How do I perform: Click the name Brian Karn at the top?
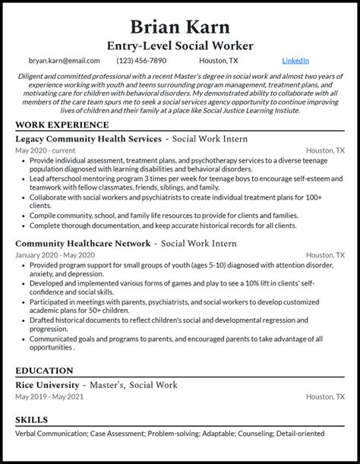(x=180, y=27)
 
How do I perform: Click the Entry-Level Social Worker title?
(x=180, y=46)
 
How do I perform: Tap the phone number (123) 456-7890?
(x=141, y=60)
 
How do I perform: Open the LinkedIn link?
(x=295, y=60)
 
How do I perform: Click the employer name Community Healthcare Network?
(x=83, y=243)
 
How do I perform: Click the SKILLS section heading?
(x=32, y=420)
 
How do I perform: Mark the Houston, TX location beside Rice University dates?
(x=325, y=397)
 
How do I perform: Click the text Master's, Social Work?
(x=137, y=385)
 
